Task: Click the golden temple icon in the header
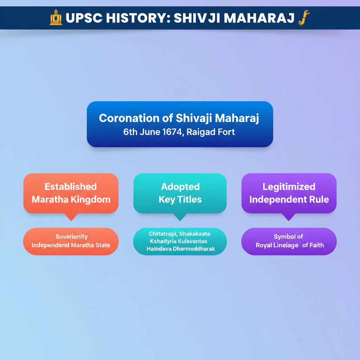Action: [x=56, y=17]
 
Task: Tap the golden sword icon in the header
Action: [x=304, y=18]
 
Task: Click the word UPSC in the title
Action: [x=84, y=18]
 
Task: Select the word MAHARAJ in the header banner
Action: [x=259, y=18]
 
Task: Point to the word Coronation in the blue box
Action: [x=129, y=118]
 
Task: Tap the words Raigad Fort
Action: [x=211, y=132]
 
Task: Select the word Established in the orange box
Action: [x=71, y=187]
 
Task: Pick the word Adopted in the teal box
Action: [x=180, y=187]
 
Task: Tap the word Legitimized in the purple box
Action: [x=289, y=187]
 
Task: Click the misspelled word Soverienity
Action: [x=72, y=237]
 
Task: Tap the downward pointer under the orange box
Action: [x=71, y=217]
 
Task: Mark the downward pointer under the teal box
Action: [x=180, y=217]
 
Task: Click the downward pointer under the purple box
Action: [x=289, y=217]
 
